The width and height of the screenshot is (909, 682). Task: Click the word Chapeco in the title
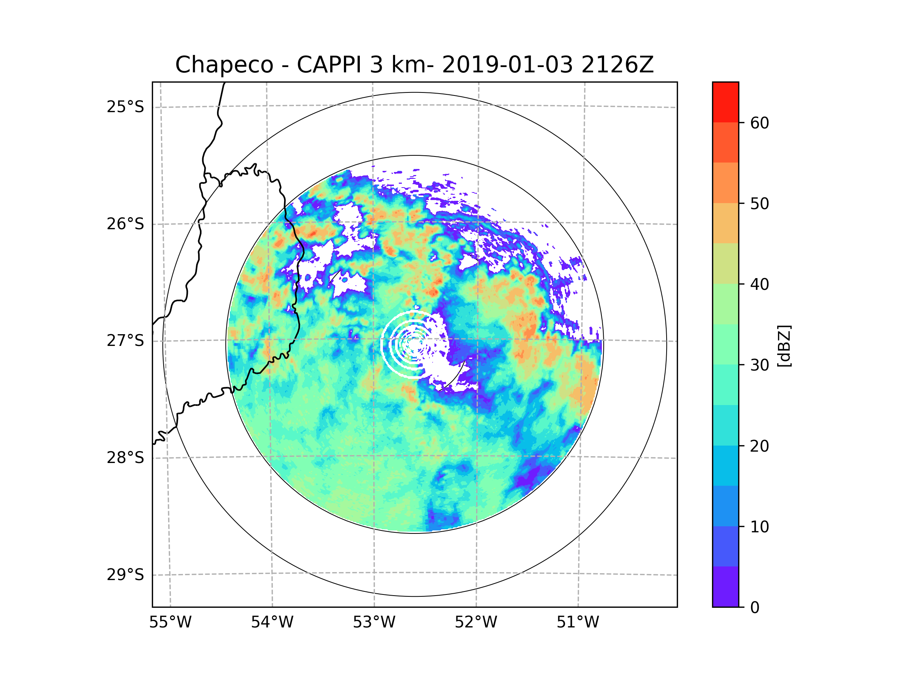(224, 65)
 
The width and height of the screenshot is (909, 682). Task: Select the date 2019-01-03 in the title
(507, 65)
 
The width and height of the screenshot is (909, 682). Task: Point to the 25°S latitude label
(125, 107)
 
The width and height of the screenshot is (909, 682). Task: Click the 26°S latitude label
(125, 224)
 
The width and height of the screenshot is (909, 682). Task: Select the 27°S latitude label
(125, 341)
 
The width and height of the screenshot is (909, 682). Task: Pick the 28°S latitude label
(125, 458)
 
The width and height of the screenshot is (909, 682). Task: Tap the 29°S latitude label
(125, 575)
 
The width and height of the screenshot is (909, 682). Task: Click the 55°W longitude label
(170, 623)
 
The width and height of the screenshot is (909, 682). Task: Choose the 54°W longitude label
(272, 623)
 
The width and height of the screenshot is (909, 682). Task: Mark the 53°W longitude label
(374, 623)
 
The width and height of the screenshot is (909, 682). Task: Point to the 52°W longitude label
(476, 623)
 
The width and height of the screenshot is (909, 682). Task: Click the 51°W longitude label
(578, 623)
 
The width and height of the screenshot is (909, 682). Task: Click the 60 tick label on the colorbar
(759, 123)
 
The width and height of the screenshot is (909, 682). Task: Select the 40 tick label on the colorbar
(759, 285)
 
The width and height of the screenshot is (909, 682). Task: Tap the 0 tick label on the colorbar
(755, 608)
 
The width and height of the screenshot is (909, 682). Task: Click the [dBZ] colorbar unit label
(784, 346)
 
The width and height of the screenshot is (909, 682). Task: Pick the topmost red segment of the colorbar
(725, 102)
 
